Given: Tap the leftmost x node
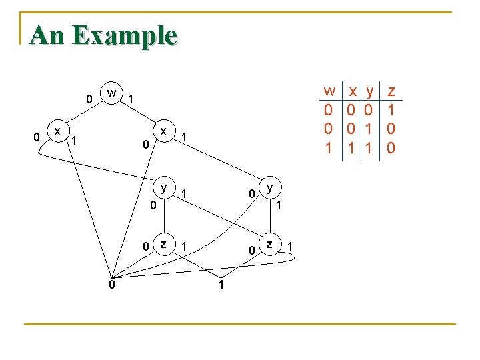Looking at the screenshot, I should (x=59, y=131).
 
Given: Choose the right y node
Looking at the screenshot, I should (x=269, y=187).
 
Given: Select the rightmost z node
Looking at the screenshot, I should (x=269, y=244).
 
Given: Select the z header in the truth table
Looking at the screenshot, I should (x=391, y=91).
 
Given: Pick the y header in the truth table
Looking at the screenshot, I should (x=368, y=91).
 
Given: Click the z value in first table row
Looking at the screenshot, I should (x=391, y=109).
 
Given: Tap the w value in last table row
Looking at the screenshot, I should (x=328, y=148).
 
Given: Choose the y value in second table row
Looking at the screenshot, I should (x=368, y=129).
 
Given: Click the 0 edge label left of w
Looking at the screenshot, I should (x=89, y=99).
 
